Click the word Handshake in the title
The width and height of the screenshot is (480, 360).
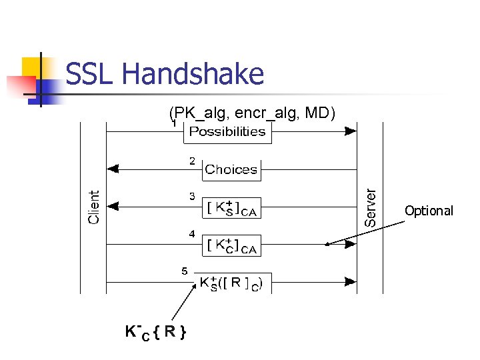point(193,74)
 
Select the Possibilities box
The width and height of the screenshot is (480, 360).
point(227,131)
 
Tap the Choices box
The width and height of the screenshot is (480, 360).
point(231,169)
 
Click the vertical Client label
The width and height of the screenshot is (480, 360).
point(95,207)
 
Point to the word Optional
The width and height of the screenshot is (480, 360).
point(429,211)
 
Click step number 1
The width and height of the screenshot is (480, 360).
point(173,123)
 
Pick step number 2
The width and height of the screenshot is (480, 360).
point(192,161)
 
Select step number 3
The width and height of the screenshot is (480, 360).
point(192,197)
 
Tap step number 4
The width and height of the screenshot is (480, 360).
point(192,234)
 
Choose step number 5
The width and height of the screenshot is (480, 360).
point(185,271)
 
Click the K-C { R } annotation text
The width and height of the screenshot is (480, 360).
point(155,331)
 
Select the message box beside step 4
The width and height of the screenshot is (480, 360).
point(231,245)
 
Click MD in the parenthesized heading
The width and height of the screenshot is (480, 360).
point(320,113)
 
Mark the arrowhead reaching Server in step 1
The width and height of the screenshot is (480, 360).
point(351,131)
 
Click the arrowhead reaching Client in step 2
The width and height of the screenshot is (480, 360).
point(113,169)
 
